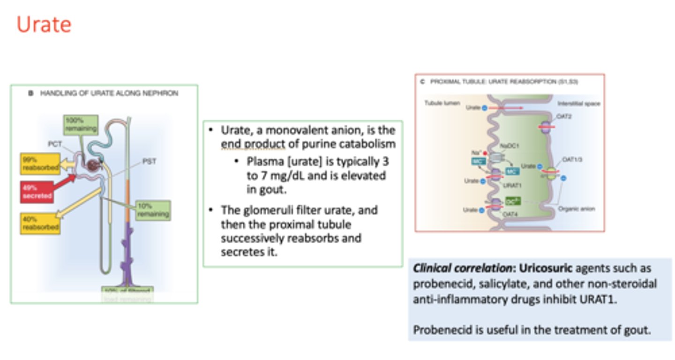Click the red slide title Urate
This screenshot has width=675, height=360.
coord(44,24)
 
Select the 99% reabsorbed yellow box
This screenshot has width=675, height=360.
coord(40,163)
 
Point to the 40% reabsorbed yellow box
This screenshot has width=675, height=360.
coord(40,223)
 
